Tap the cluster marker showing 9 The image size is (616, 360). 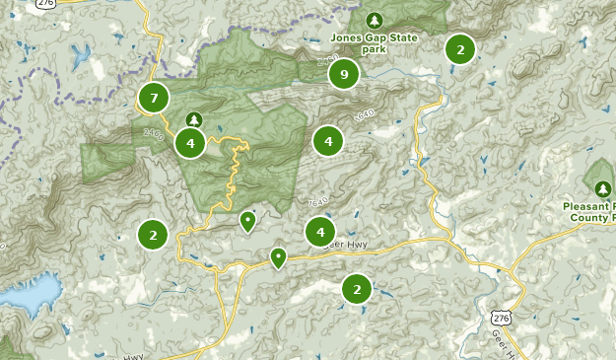click(343, 74)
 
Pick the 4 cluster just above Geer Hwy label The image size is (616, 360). click(319, 233)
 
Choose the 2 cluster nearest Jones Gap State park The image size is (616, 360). click(459, 49)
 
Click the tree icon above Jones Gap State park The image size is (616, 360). click(374, 20)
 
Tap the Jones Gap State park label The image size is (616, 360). click(374, 38)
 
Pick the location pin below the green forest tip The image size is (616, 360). click(247, 221)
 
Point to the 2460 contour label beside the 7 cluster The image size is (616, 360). click(154, 133)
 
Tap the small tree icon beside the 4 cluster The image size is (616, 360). click(193, 120)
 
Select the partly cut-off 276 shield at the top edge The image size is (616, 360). click(45, 3)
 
